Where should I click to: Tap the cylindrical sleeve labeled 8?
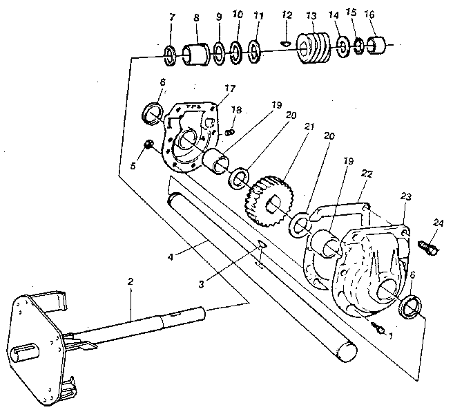coord(196,54)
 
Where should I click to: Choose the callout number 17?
coord(229,88)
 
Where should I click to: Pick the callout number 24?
coord(439,223)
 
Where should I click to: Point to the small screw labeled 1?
coord(377,327)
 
